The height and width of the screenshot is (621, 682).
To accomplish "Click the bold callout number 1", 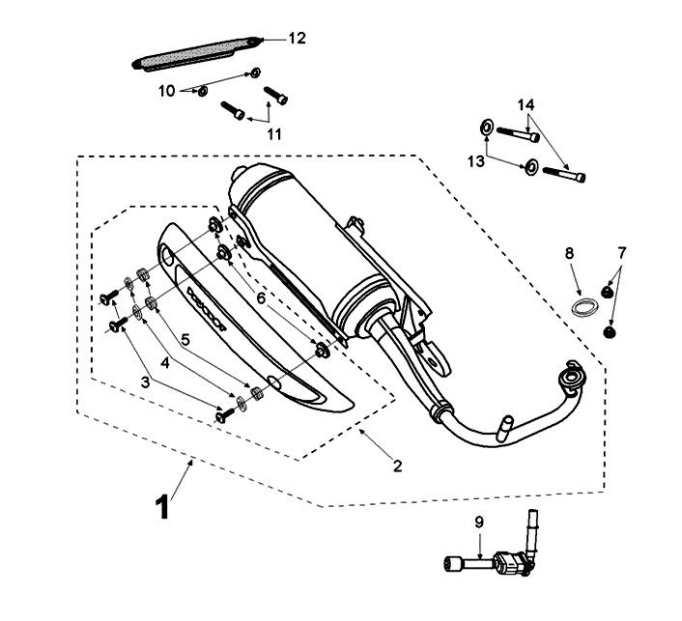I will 162,505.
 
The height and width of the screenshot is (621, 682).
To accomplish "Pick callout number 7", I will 622,253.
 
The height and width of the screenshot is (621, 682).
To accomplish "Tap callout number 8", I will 569,253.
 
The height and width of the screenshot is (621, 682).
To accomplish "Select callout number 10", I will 166,91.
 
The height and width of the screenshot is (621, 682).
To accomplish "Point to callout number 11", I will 274,134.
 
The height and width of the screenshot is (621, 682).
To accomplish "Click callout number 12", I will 296,39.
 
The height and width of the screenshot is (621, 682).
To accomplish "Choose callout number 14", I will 525,103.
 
